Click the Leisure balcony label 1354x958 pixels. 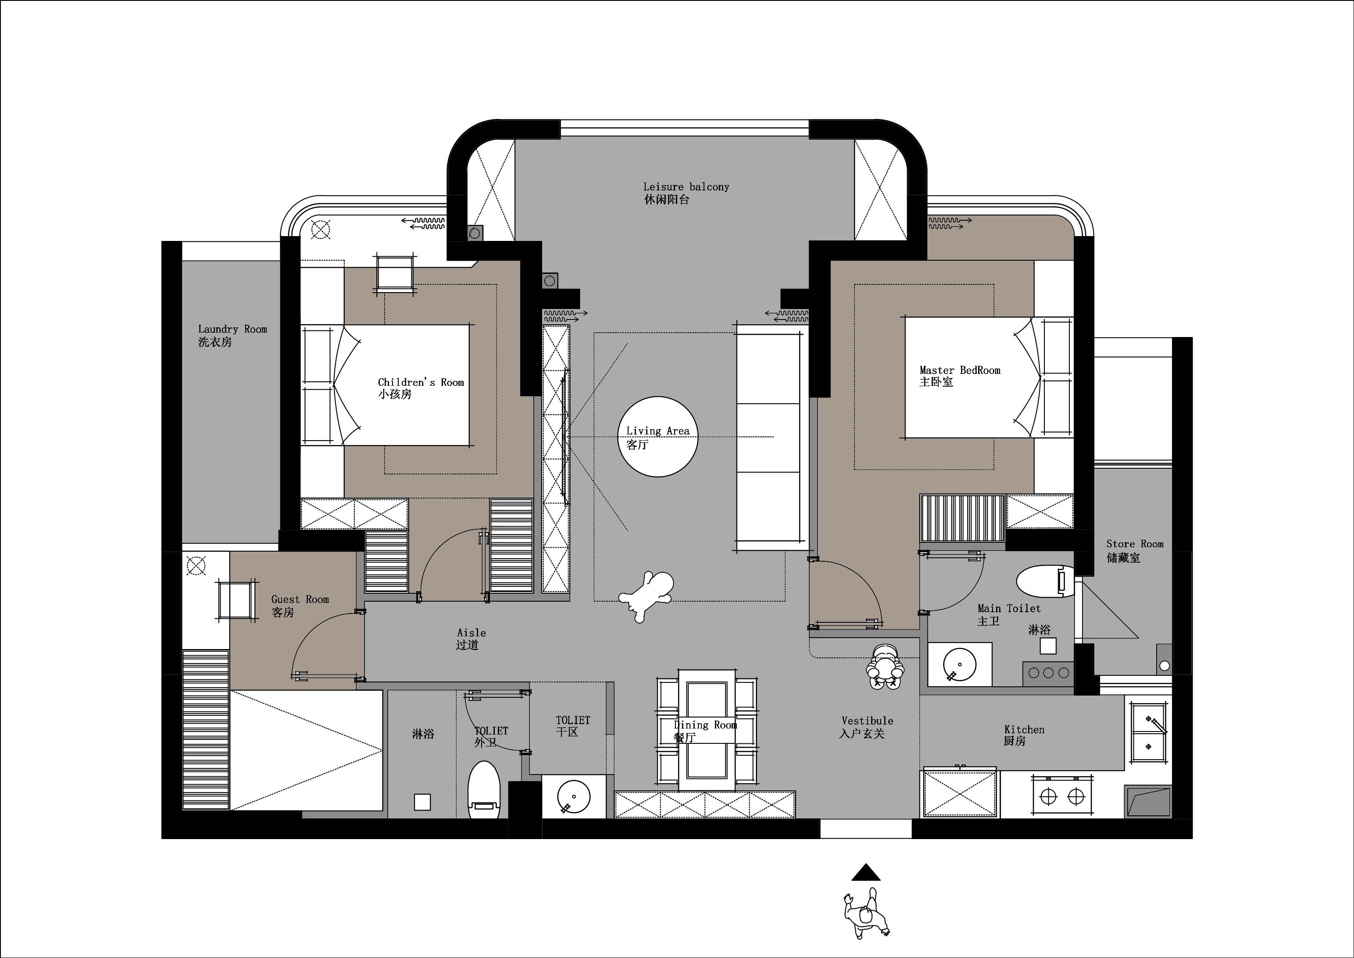[x=686, y=193]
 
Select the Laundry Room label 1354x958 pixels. [x=232, y=335]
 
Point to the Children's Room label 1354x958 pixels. [x=421, y=388]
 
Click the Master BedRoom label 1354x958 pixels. [x=960, y=376]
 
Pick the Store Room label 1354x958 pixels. [x=1135, y=550]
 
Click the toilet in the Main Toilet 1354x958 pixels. [x=1046, y=581]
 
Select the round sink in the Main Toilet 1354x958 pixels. [x=960, y=665]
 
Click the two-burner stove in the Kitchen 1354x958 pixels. [x=1062, y=797]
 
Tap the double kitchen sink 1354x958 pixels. [x=1148, y=733]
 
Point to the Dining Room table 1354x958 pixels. [x=707, y=730]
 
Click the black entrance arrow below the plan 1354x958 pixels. [x=866, y=872]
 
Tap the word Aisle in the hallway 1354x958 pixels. [x=471, y=632]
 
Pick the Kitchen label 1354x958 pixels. [x=1024, y=735]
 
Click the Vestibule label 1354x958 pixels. [x=866, y=727]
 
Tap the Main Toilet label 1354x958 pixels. [x=1008, y=614]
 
